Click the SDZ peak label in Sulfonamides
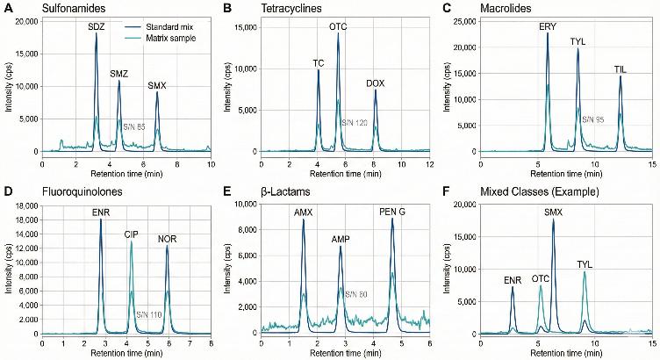(x=96, y=27)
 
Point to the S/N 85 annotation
(x=135, y=126)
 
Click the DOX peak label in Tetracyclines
(x=375, y=83)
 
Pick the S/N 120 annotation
(x=355, y=122)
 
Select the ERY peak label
(x=548, y=27)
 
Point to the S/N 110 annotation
(x=149, y=313)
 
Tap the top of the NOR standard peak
(x=168, y=247)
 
